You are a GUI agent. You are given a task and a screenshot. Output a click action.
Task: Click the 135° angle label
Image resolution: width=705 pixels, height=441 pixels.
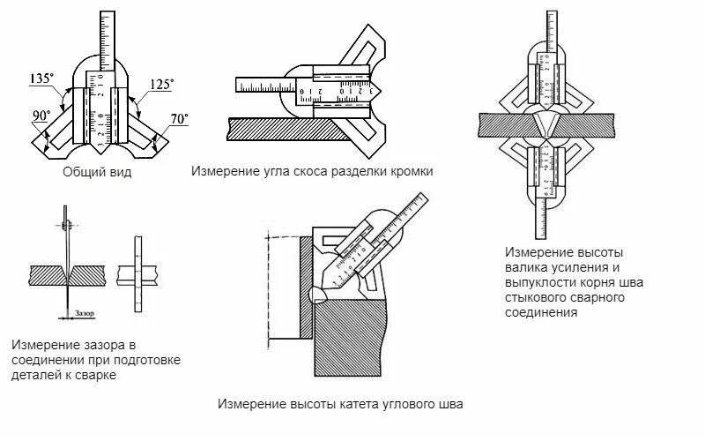(41, 78)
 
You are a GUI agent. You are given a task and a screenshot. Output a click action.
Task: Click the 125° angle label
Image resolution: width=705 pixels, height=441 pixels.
(161, 84)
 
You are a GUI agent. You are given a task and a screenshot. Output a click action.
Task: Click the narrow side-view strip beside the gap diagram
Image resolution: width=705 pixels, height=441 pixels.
(137, 273)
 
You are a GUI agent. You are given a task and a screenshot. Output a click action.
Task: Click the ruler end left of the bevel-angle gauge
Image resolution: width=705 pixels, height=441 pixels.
(256, 85)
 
